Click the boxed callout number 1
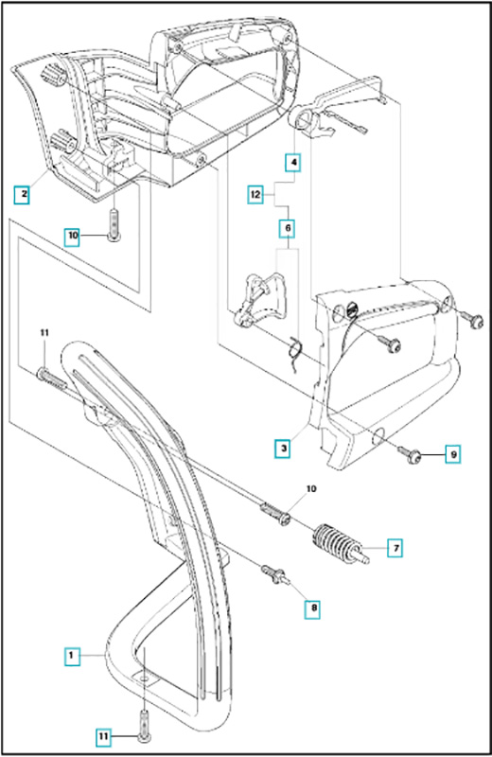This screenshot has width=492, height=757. click(72, 655)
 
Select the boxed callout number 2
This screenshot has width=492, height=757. click(22, 194)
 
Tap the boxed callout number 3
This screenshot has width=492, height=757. click(283, 448)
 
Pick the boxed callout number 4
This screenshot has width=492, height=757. click(292, 162)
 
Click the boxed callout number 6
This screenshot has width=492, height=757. click(288, 228)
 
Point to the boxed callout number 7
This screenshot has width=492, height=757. click(395, 548)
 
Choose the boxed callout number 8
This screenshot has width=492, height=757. click(312, 608)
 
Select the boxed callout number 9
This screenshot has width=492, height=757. click(452, 454)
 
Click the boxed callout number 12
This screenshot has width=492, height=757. click(255, 195)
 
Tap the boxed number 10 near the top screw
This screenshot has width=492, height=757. click(73, 236)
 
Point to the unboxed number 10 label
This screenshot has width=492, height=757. click(311, 488)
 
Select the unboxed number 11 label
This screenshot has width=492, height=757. click(44, 332)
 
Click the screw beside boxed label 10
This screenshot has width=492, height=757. click(114, 224)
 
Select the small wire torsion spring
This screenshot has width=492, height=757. click(295, 352)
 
